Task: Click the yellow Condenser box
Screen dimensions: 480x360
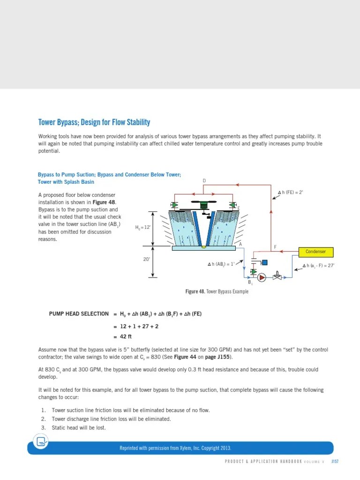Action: (x=315, y=252)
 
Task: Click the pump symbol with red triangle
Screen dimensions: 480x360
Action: (x=262, y=277)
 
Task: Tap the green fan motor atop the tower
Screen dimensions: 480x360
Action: (x=204, y=205)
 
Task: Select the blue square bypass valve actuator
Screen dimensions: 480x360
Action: (x=264, y=262)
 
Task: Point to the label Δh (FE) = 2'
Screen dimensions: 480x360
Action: (x=291, y=192)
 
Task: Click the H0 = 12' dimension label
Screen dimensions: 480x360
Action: (x=143, y=227)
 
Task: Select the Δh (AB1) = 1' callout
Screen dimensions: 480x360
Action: (x=221, y=264)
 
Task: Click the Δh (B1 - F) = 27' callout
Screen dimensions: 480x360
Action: (x=318, y=266)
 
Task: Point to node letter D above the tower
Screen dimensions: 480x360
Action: (x=204, y=180)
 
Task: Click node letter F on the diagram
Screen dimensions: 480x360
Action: (x=275, y=247)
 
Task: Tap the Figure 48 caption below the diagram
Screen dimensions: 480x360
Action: (x=217, y=292)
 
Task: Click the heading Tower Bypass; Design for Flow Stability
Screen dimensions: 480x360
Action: (x=94, y=123)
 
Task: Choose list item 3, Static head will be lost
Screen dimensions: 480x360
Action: (x=79, y=427)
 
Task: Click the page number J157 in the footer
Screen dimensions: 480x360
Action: (x=335, y=461)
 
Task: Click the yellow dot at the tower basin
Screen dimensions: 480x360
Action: (x=203, y=247)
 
